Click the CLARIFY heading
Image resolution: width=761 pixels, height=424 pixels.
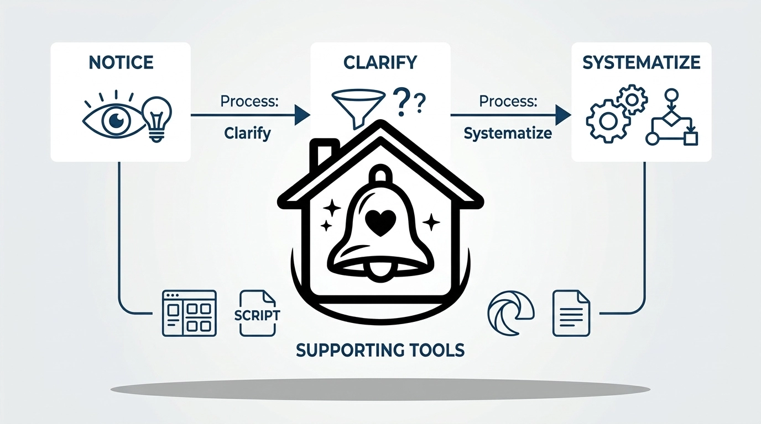pyautogui.click(x=379, y=62)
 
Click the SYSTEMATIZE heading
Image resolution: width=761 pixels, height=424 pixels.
pyautogui.click(x=641, y=62)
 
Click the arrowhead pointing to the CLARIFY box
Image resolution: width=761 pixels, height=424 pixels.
pyautogui.click(x=301, y=114)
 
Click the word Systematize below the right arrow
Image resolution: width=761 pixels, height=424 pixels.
pyautogui.click(x=508, y=134)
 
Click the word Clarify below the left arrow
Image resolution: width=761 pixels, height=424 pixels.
pyautogui.click(x=247, y=134)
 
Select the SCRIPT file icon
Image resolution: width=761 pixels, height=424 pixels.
pyautogui.click(x=257, y=314)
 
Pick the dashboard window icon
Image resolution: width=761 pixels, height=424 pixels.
pyautogui.click(x=189, y=313)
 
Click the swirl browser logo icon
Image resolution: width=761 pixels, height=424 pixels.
pyautogui.click(x=510, y=312)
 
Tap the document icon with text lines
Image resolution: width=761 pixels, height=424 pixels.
pyautogui.click(x=571, y=313)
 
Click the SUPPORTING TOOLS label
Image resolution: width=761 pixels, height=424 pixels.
pyautogui.click(x=380, y=349)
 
